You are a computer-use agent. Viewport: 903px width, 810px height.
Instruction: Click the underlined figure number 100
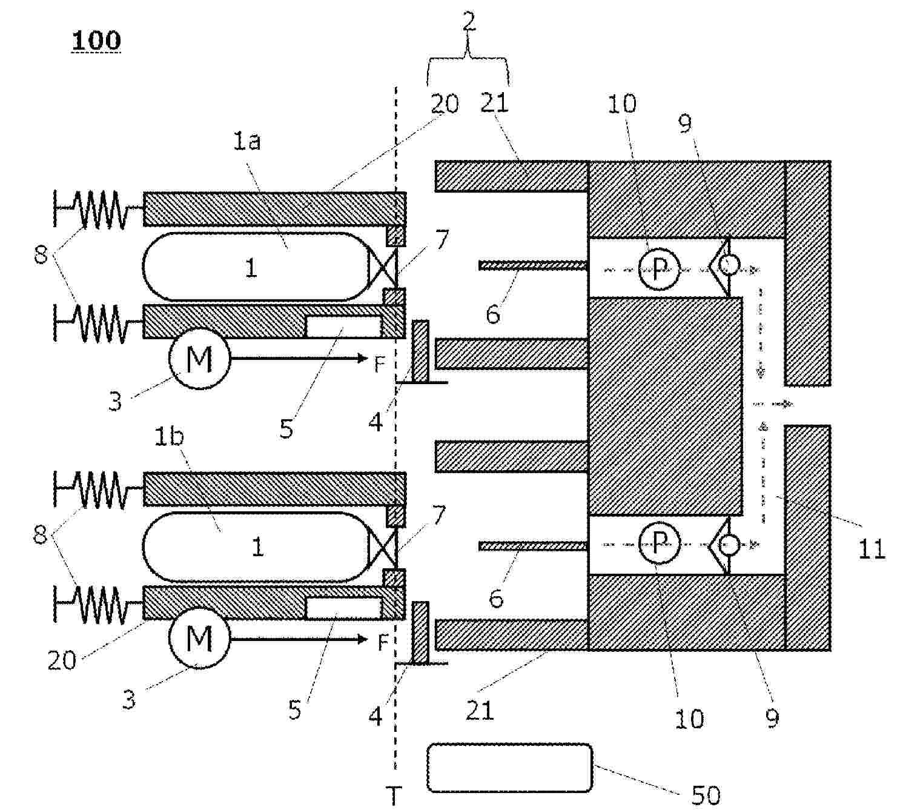pyautogui.click(x=96, y=41)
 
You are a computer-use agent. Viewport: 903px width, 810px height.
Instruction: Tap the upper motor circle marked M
pyautogui.click(x=200, y=359)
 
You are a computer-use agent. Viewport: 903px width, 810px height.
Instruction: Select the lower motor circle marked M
pyautogui.click(x=200, y=639)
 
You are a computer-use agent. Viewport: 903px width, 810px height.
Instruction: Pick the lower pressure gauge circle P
pyautogui.click(x=659, y=543)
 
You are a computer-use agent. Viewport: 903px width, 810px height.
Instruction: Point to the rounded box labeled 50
pyautogui.click(x=510, y=768)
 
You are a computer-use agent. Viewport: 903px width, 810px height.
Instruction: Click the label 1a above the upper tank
pyautogui.click(x=247, y=141)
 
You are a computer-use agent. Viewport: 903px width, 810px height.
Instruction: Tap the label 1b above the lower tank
pyautogui.click(x=169, y=437)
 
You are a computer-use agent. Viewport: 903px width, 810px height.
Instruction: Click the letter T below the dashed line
pyautogui.click(x=394, y=795)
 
